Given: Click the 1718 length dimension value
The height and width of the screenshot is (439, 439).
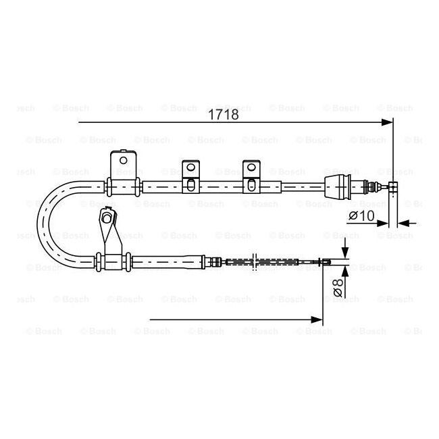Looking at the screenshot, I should pyautogui.click(x=223, y=114).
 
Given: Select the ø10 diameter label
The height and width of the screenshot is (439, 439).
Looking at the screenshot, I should pyautogui.click(x=361, y=215).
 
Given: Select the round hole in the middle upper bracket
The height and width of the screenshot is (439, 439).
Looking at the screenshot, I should pyautogui.click(x=191, y=167).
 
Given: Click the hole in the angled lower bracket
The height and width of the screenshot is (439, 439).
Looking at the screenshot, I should pyautogui.click(x=106, y=217).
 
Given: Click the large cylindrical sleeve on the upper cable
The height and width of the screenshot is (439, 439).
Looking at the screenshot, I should pyautogui.click(x=337, y=187).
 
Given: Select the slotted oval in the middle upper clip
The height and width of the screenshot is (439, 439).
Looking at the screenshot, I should pyautogui.click(x=191, y=186).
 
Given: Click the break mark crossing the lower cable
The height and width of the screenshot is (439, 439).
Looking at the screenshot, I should pyautogui.click(x=254, y=261).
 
